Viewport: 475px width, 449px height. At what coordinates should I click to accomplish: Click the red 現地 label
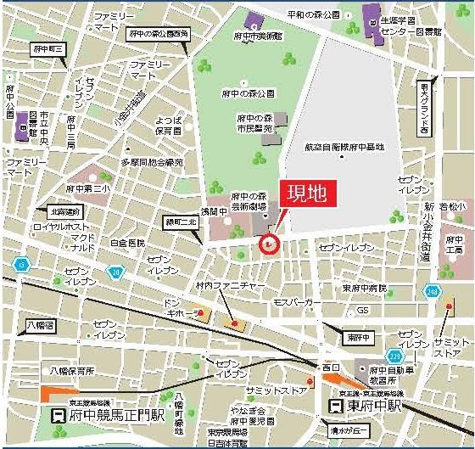coord(309,194)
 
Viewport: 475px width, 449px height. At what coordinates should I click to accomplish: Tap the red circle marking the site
coord(268,245)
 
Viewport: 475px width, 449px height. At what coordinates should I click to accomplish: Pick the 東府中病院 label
coord(364,288)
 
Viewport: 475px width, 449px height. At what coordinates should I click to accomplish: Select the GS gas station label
coord(363,311)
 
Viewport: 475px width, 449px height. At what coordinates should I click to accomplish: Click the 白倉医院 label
coord(128,243)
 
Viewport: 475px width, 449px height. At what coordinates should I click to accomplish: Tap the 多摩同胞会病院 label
coord(152,161)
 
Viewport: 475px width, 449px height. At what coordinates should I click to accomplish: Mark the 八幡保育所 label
coord(71,371)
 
